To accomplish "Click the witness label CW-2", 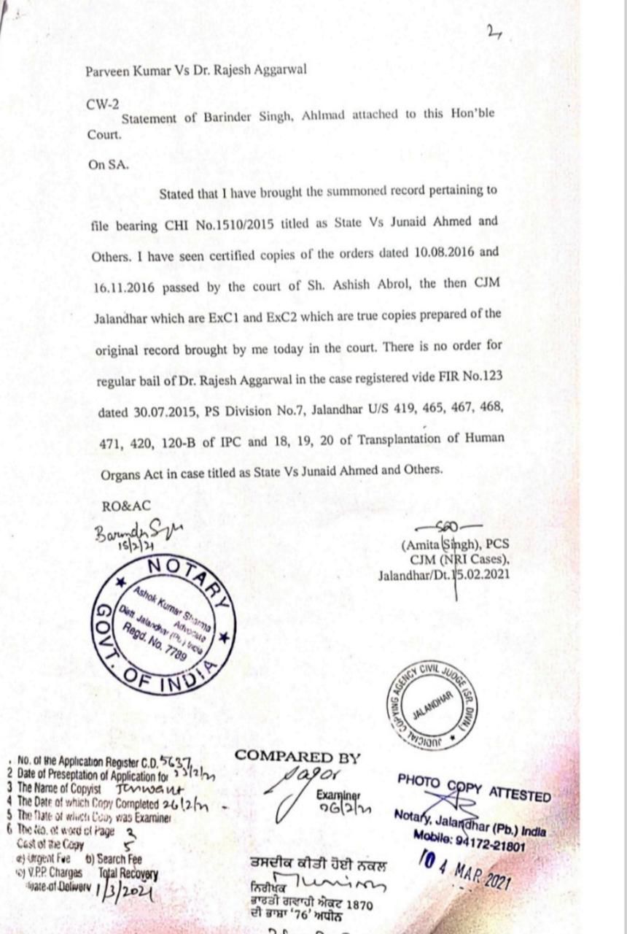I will [x=102, y=104].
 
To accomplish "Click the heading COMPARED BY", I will [x=297, y=757].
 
